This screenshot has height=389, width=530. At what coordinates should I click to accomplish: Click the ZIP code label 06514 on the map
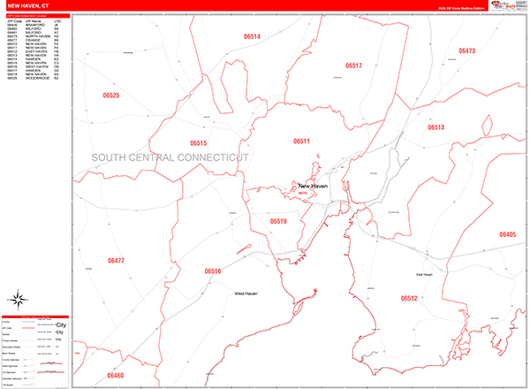pyautogui.click(x=252, y=36)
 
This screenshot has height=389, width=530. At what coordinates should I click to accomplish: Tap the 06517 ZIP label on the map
pyautogui.click(x=354, y=66)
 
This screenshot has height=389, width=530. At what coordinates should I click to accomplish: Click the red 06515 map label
pyautogui.click(x=198, y=142)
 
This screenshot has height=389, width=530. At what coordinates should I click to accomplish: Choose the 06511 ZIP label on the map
pyautogui.click(x=302, y=141)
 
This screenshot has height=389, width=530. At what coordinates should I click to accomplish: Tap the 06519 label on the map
pyautogui.click(x=278, y=221)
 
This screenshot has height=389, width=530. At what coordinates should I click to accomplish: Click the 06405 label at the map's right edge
pyautogui.click(x=507, y=234)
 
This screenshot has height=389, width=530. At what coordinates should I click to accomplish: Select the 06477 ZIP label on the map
pyautogui.click(x=116, y=261)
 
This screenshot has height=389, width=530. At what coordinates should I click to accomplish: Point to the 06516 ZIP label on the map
pyautogui.click(x=212, y=271)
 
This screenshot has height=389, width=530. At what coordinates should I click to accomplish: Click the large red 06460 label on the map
pyautogui.click(x=116, y=376)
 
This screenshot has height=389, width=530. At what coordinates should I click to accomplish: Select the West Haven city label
pyautogui.click(x=251, y=293)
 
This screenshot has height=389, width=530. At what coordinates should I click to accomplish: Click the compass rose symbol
pyautogui.click(x=19, y=298)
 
